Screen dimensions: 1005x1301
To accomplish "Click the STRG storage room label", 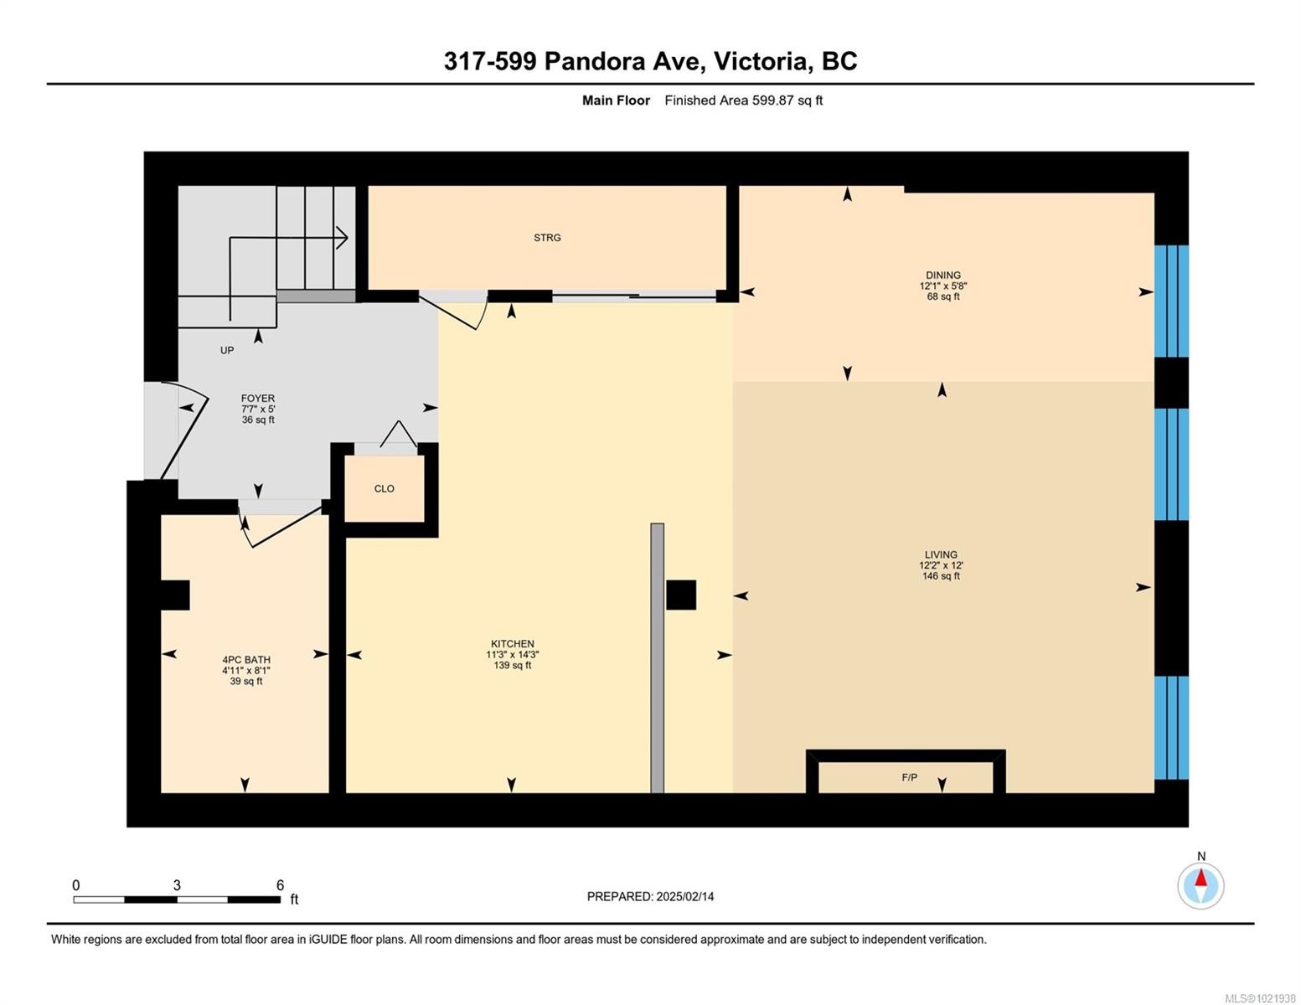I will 547,238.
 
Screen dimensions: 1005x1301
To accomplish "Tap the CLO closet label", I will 384,489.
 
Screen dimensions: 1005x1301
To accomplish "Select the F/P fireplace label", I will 909,778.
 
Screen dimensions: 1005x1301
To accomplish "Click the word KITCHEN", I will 512,644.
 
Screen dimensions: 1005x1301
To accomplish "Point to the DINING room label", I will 942,275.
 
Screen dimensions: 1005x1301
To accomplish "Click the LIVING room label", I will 941,554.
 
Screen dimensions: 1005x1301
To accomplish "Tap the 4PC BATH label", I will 246,660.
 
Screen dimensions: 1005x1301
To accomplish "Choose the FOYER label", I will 257,399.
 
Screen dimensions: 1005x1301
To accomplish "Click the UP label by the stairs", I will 227,350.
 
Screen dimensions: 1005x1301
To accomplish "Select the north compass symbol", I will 1200,885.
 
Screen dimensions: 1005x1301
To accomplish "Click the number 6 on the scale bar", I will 280,885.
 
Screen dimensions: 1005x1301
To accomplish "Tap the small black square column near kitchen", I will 680,595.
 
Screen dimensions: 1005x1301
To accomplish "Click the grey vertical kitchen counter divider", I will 658,657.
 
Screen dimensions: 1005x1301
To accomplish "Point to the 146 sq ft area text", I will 941,576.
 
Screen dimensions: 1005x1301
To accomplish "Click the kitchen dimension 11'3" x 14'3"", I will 512,655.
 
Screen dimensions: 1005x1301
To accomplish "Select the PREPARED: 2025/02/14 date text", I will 650,897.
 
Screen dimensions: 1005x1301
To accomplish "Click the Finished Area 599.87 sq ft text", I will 743,100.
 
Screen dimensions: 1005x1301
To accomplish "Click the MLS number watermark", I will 1260,998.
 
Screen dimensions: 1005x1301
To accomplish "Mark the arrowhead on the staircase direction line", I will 343,238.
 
